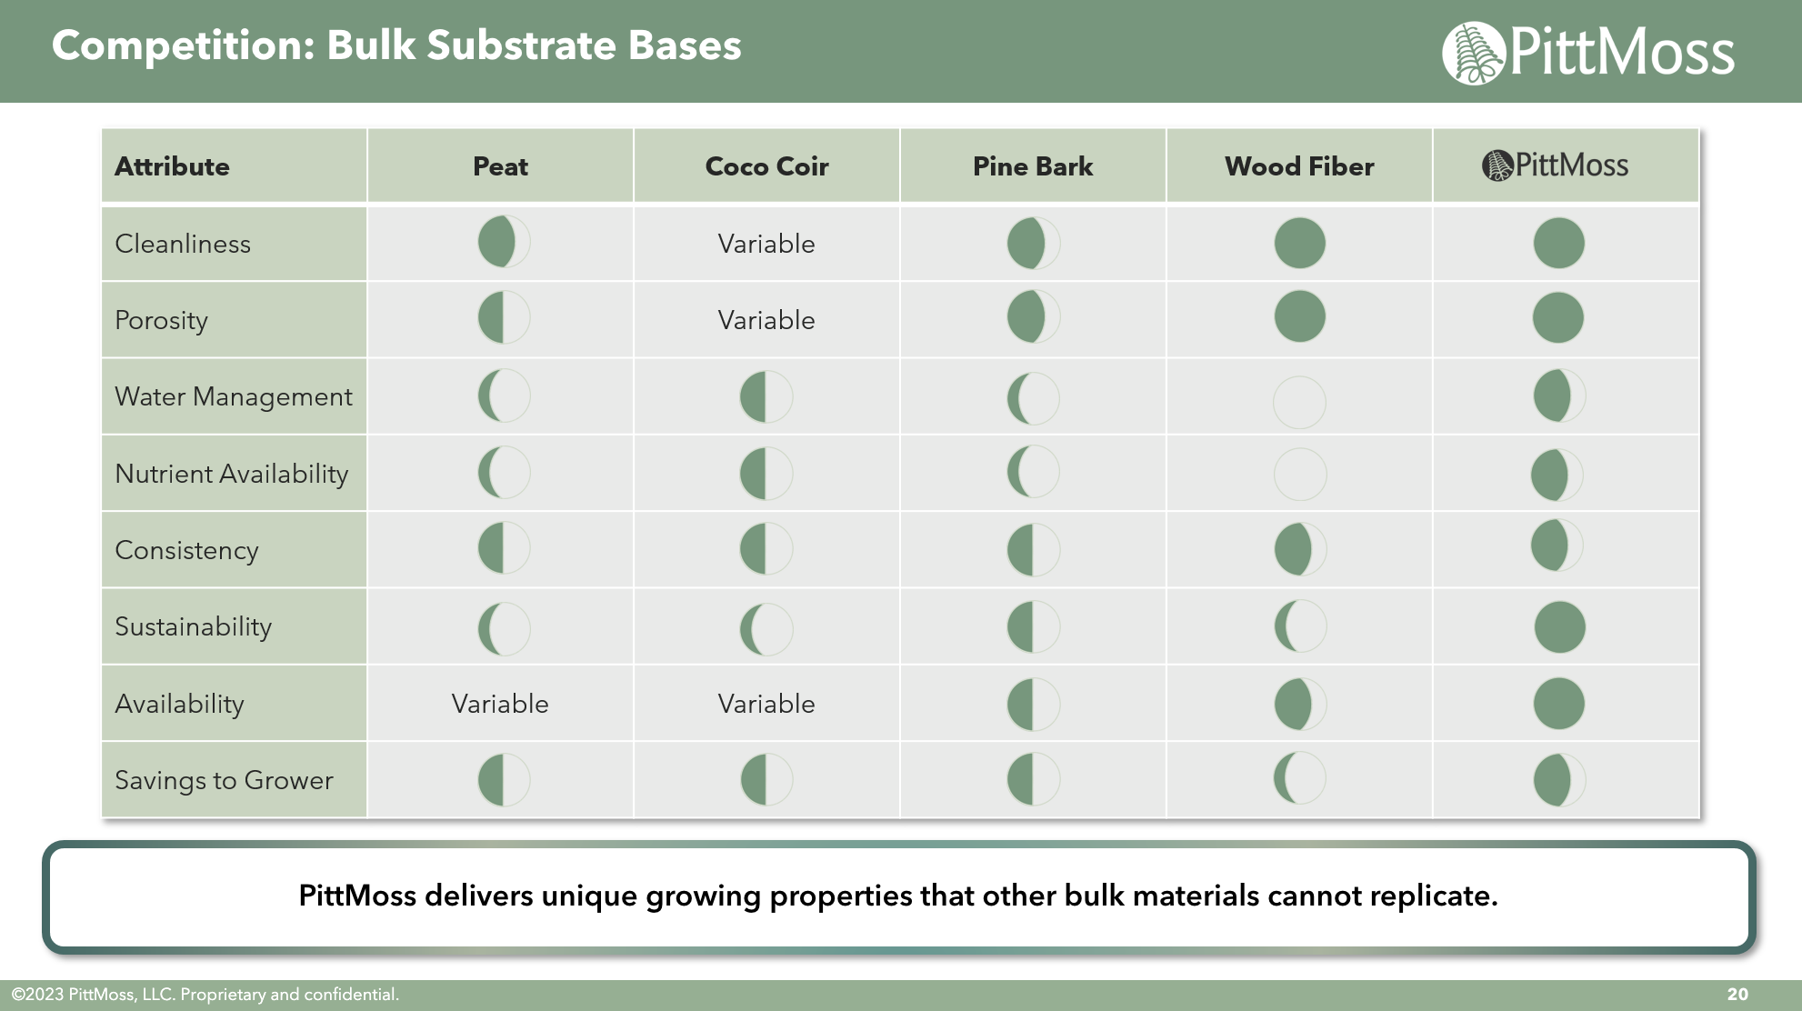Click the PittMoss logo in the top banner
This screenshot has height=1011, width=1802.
1588,53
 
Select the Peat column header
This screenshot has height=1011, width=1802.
500,166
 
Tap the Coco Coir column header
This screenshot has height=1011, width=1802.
766,166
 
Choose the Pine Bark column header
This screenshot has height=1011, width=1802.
1033,166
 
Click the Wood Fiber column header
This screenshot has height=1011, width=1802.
1299,166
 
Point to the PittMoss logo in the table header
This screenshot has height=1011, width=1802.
1556,165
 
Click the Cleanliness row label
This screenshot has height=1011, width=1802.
183,244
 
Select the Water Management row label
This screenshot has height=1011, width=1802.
234,397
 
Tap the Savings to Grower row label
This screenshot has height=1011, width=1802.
225,780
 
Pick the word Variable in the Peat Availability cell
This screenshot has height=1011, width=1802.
500,704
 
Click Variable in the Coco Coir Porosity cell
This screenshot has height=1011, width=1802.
766,320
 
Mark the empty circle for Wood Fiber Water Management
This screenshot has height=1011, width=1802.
1300,403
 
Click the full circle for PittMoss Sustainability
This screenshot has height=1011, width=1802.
1560,627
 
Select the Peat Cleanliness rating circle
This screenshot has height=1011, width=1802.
504,242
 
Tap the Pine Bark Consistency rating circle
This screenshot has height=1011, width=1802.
1034,550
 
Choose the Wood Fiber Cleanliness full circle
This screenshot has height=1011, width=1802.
1300,244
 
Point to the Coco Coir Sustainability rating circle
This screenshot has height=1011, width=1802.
766,629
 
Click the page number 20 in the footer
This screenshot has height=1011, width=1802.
1737,995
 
